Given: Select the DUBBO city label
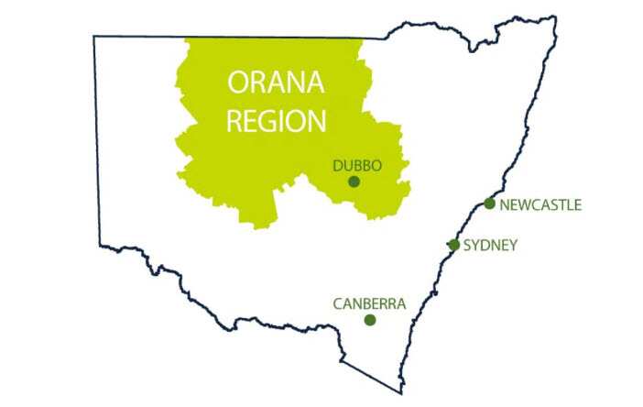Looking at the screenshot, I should coord(356,166).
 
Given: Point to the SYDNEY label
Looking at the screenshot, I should coord(492,245).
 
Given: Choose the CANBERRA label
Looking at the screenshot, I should coord(369,302).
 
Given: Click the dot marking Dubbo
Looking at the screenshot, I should coord(354,182).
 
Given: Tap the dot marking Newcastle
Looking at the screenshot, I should coord(490,203).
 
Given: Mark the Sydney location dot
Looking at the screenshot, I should coord(453,245).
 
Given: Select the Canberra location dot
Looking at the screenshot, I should coord(370,320).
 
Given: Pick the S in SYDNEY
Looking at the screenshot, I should coord(469,245).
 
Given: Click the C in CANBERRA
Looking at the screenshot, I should coord(338,302).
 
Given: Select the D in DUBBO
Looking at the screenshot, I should coord(338,166).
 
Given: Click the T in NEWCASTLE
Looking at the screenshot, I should coord(561,204).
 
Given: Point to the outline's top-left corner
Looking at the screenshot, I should coord(93,37).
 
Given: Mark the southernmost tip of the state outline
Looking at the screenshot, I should coord(401,393).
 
